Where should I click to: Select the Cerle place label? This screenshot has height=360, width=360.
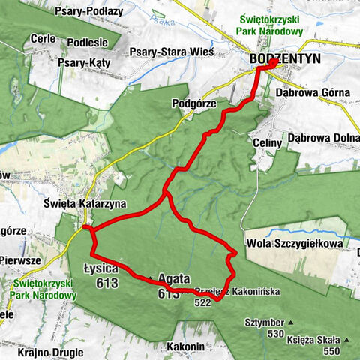(x=43, y=38)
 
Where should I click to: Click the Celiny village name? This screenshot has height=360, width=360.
(x=267, y=142)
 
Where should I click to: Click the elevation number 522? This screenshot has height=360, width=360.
(x=202, y=302)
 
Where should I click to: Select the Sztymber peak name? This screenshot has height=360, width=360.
(x=262, y=322)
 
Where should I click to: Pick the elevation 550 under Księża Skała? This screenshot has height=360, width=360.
(x=329, y=350)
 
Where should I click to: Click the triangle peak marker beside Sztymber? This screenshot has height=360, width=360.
(x=291, y=323)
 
